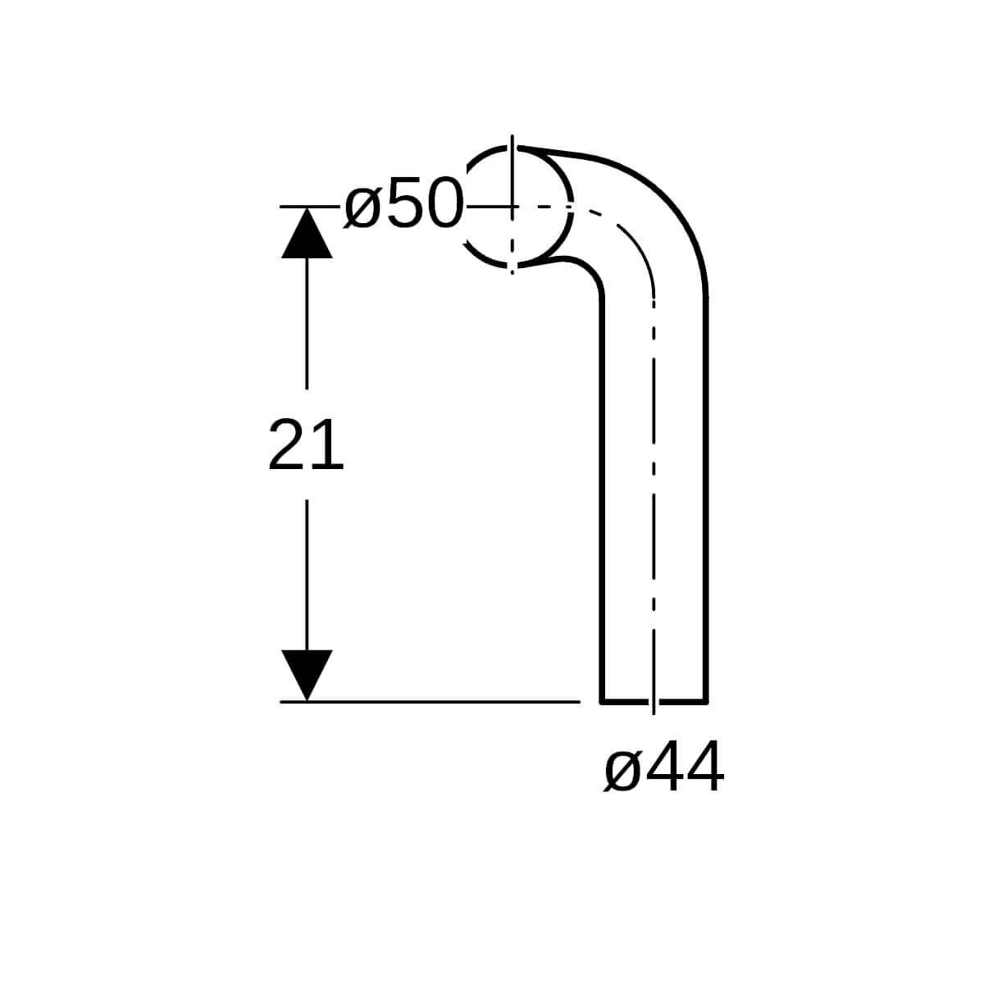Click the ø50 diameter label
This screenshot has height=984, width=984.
pyautogui.click(x=403, y=203)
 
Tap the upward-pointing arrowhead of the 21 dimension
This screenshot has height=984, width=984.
pyautogui.click(x=307, y=233)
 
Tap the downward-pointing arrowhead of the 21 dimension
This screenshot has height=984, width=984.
pyautogui.click(x=307, y=675)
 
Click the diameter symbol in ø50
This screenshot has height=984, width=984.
pyautogui.click(x=363, y=207)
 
